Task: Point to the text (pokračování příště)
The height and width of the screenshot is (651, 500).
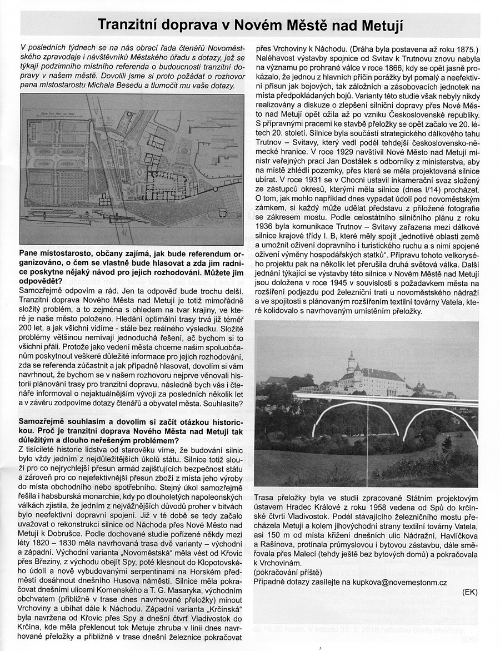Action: pyautogui.click(x=287, y=572)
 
